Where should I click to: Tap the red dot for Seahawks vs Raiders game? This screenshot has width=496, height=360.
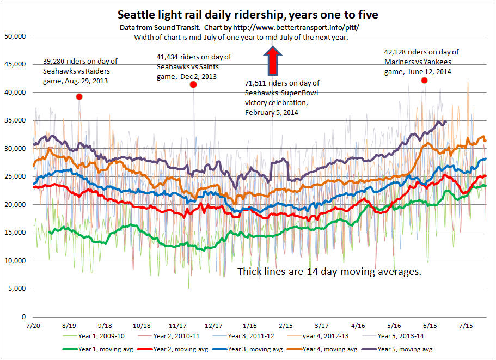coord(79,96)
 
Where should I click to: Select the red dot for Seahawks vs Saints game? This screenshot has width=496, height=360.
coord(193,84)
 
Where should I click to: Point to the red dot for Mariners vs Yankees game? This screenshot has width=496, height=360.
coord(424,81)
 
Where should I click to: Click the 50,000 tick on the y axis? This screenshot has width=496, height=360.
coord(15,36)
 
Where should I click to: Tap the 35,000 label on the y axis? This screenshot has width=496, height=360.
coord(15,120)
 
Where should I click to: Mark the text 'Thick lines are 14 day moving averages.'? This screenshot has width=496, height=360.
coord(329,271)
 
